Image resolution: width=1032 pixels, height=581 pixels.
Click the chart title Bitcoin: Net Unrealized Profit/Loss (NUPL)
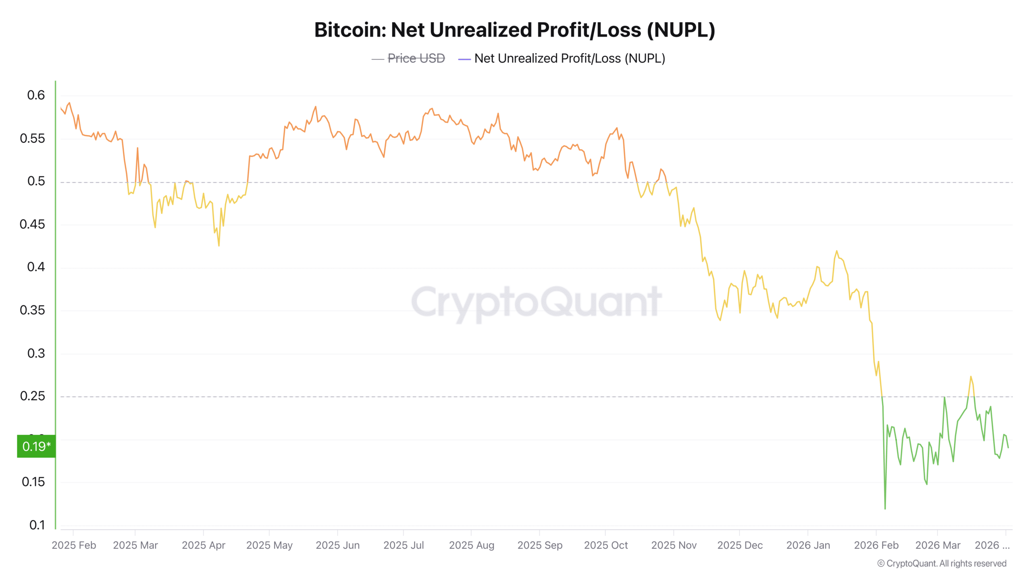click(x=515, y=30)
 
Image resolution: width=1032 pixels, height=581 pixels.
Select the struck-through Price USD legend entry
click(x=416, y=59)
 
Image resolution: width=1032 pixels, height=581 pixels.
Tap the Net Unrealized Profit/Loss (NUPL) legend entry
click(x=569, y=59)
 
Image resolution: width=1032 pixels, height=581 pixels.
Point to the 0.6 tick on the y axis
click(x=36, y=95)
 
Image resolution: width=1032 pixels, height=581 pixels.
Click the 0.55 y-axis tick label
click(x=32, y=138)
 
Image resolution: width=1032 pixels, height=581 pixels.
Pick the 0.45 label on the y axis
click(x=32, y=224)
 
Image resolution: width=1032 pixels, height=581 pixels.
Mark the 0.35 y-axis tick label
click(x=32, y=310)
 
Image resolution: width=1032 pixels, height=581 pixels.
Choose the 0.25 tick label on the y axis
click(x=32, y=396)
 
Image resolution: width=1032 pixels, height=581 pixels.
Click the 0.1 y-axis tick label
click(x=37, y=525)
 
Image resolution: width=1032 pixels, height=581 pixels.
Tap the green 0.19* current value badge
click(x=36, y=446)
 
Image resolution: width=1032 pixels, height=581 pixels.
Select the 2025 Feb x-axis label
click(x=74, y=545)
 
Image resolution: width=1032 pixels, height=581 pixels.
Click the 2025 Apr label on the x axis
click(x=204, y=545)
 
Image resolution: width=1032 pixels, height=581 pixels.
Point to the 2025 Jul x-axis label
click(x=404, y=545)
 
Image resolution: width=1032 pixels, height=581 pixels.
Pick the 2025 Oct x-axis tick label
click(x=606, y=545)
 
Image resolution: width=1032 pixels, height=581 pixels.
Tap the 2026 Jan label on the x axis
click(x=808, y=545)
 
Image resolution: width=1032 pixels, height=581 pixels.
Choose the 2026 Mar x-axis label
click(x=938, y=545)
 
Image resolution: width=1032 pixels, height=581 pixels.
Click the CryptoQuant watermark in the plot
click(x=536, y=303)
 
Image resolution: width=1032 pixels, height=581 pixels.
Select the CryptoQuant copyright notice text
click(x=942, y=564)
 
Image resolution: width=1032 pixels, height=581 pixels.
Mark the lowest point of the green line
click(x=885, y=509)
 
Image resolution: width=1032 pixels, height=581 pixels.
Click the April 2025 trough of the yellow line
click(x=219, y=245)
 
